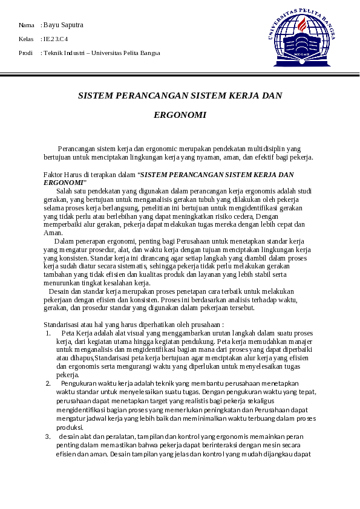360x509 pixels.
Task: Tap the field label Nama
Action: click(x=26, y=25)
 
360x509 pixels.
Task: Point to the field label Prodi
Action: click(x=26, y=53)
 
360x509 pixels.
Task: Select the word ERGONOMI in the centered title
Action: click(x=180, y=114)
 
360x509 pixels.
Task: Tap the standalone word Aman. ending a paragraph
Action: click(x=53, y=232)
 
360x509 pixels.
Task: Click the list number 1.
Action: click(x=48, y=332)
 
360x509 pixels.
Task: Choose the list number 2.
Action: click(x=48, y=383)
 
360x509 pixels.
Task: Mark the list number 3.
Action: click(x=48, y=436)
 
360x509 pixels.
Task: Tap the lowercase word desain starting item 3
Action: click(x=68, y=436)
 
